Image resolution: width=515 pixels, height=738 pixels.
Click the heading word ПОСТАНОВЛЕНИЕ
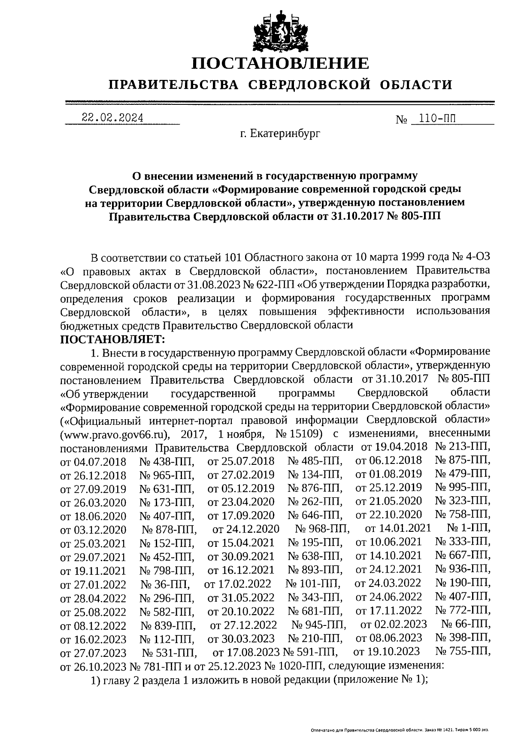click(x=280, y=64)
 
